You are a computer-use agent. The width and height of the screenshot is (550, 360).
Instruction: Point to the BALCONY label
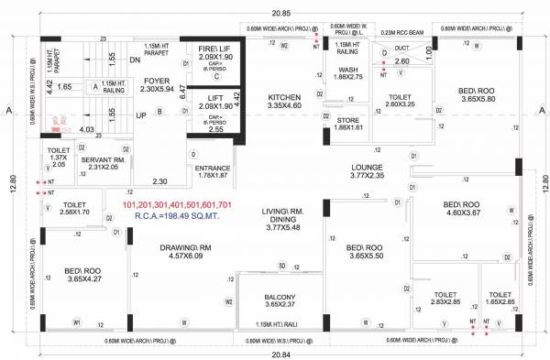tap(280, 300)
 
